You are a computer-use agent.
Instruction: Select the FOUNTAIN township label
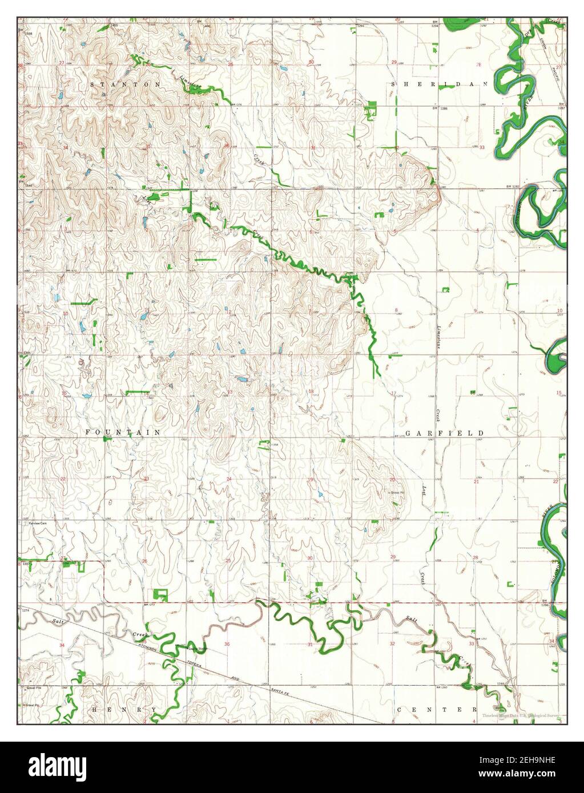point(123,433)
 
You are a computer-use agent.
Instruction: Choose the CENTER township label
point(437,709)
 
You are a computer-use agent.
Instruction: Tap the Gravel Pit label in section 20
point(396,492)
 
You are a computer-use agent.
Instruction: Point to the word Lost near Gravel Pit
point(424,495)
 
